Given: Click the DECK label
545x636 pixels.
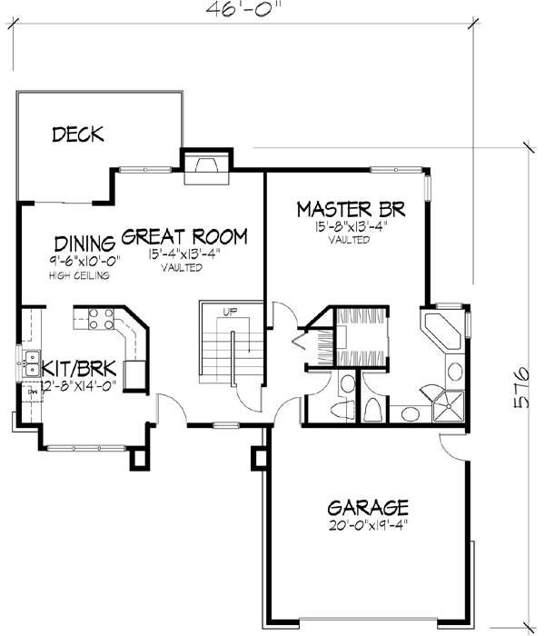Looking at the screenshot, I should point(78,135).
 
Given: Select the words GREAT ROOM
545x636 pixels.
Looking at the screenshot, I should point(184,238).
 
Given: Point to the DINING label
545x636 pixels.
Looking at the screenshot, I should point(84,243).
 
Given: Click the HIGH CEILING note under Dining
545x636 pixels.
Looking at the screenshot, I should point(80,276).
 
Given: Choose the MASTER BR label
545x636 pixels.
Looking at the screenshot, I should point(351,210).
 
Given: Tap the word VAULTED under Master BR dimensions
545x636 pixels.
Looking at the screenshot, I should point(350,241).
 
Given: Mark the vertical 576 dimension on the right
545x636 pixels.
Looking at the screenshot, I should point(521,388).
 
